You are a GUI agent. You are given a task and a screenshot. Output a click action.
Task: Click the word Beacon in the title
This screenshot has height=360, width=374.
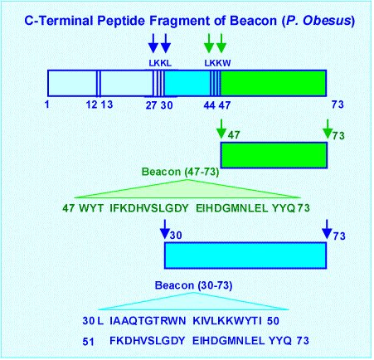tap(253, 21)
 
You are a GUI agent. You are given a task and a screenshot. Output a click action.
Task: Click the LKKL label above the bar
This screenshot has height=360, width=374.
tap(160, 63)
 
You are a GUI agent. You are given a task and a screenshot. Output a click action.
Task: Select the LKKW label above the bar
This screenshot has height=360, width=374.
tap(217, 63)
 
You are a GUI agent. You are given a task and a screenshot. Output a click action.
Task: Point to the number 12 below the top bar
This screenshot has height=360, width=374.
tap(91, 105)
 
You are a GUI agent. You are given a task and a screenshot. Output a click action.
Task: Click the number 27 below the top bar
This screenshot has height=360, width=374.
tap(151, 105)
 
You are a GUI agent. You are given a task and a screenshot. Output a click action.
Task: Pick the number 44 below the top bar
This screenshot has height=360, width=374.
tap(209, 105)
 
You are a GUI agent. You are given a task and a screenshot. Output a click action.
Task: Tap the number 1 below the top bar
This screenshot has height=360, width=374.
tap(47, 105)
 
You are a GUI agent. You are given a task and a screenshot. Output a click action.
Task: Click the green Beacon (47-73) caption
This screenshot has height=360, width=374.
tap(180, 172)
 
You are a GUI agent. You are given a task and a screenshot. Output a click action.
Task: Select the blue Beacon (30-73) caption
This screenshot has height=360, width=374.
tap(193, 285)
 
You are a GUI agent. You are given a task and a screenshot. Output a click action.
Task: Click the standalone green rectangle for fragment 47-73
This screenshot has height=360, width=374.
tap(274, 155)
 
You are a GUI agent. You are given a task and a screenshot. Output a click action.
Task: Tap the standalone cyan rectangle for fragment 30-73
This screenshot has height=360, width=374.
tap(245, 255)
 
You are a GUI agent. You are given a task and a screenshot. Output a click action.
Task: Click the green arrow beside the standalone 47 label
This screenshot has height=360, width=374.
tap(221, 129)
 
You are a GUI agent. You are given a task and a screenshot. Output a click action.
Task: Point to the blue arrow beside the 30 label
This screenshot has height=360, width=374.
tap(165, 229)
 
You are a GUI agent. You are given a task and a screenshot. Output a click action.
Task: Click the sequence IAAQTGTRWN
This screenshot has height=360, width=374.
tap(148, 321)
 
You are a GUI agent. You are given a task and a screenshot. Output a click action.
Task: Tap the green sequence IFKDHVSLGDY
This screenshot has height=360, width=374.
tap(149, 208)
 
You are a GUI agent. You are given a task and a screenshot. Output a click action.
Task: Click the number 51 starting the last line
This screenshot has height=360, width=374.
tap(88, 342)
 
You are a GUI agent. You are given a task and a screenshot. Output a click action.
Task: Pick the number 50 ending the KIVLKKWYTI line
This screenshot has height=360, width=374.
tap(273, 321)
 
